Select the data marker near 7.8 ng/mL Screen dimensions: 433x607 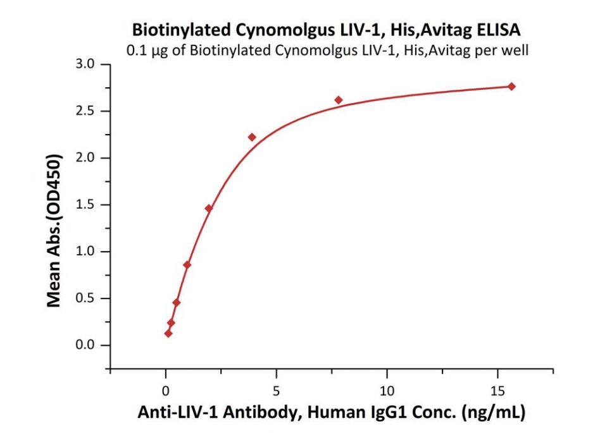339,100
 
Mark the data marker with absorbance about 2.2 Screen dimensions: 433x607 252,137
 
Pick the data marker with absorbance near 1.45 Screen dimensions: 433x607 209,208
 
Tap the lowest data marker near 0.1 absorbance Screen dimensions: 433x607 168,333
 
